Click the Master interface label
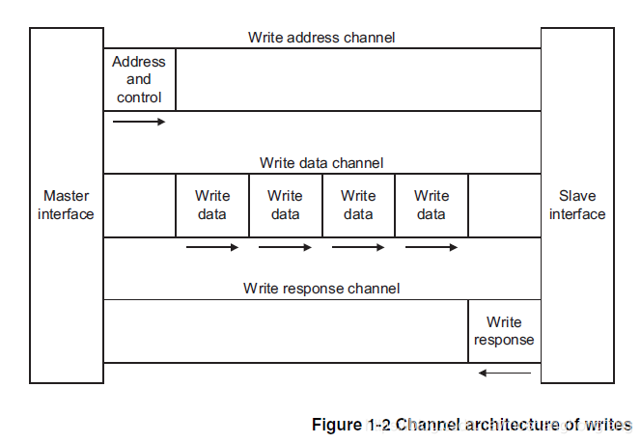tap(66, 205)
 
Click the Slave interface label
tap(577, 205)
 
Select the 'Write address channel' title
tap(321, 38)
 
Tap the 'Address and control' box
tap(139, 79)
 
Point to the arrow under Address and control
tap(139, 122)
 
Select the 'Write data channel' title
tap(321, 163)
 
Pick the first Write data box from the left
tap(212, 205)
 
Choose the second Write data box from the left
tap(285, 205)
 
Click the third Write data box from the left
tap(358, 205)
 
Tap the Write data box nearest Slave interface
tap(432, 205)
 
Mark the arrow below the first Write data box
tap(212, 247)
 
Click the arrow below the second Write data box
tap(285, 247)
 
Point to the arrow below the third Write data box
tap(358, 247)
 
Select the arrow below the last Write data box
tap(432, 247)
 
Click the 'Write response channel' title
tap(321, 288)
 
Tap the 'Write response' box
tap(504, 331)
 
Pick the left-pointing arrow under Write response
tap(504, 373)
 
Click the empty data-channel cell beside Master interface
tap(139, 205)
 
